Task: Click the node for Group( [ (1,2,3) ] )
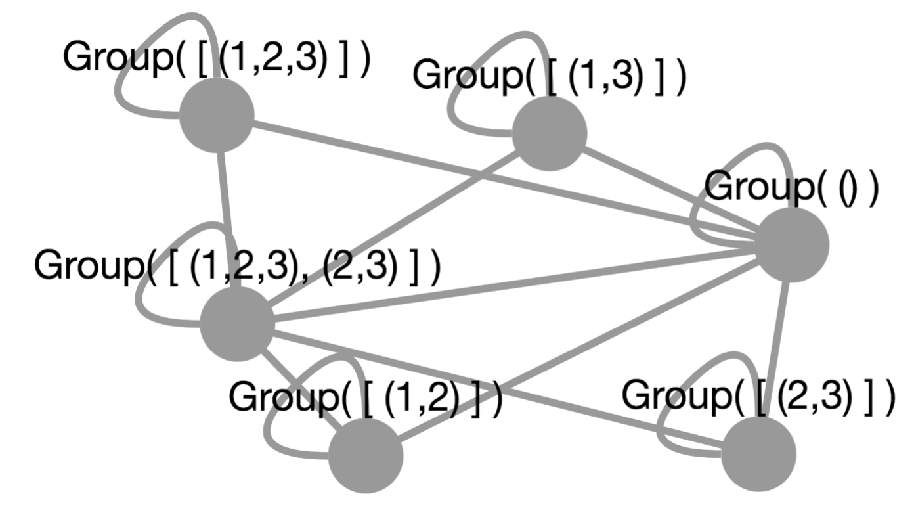217,116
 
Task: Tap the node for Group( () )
792,244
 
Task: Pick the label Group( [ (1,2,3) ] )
217,58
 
